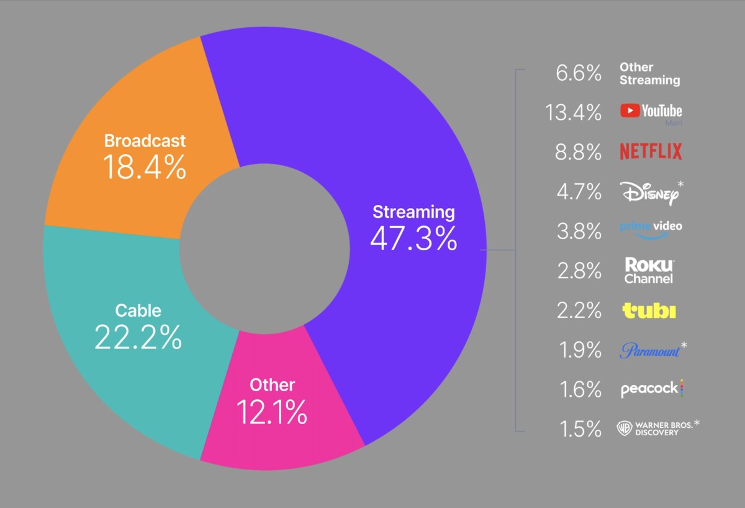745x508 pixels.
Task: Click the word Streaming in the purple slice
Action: [413, 212]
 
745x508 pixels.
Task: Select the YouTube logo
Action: [651, 111]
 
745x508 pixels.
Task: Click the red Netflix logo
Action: [651, 151]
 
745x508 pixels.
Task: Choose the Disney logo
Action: [648, 193]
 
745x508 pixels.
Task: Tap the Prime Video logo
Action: [651, 229]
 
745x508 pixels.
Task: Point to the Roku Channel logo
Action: [649, 271]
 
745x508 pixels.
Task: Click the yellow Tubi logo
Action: [649, 311]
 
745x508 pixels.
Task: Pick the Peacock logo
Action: [651, 389]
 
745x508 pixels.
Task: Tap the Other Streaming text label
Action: [649, 74]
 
